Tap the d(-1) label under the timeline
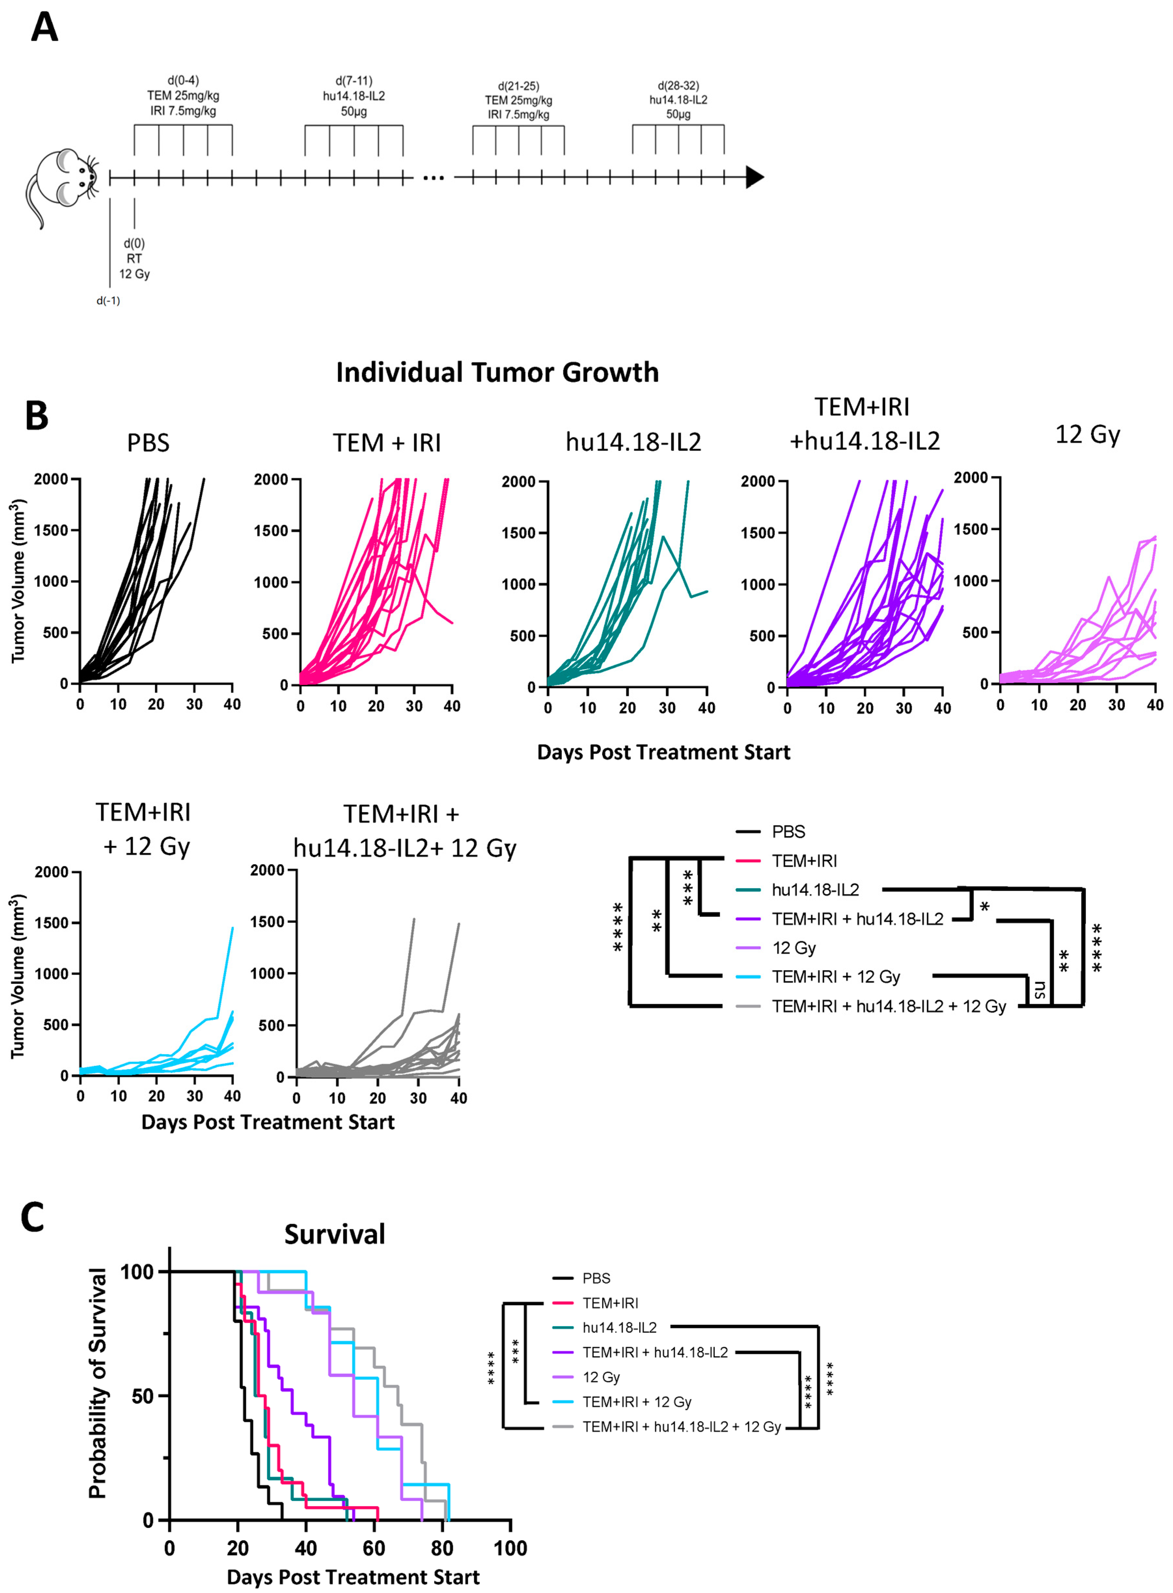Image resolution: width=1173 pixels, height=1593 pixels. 108,301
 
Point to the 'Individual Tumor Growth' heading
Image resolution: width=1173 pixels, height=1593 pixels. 497,372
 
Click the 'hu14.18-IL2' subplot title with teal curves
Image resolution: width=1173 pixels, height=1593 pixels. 634,442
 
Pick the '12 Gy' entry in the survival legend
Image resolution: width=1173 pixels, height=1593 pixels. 601,1377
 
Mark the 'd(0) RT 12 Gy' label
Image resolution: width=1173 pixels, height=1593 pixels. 134,258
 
